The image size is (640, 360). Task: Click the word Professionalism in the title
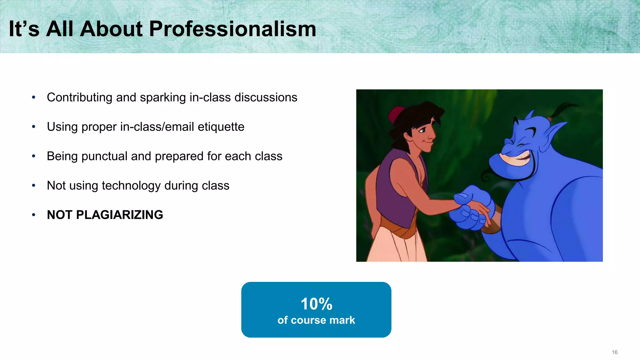click(x=232, y=29)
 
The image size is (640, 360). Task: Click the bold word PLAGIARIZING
click(x=119, y=215)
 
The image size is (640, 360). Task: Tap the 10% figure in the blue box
click(x=316, y=304)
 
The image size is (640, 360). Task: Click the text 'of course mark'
click(x=316, y=320)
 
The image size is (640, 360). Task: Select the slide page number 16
click(x=614, y=352)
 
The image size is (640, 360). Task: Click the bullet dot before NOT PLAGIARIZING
click(x=33, y=215)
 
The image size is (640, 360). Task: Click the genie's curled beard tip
click(x=486, y=177)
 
